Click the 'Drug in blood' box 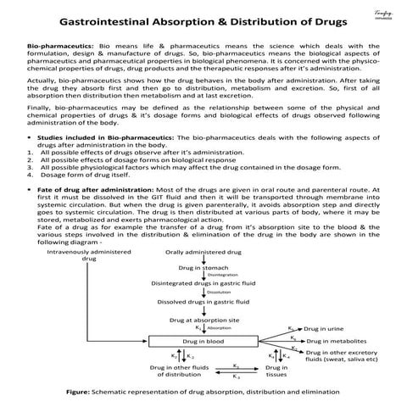[203, 341]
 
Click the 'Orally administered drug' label [203, 253]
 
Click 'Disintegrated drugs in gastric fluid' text [203, 283]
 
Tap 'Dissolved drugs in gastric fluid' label [203, 302]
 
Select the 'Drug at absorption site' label [203, 320]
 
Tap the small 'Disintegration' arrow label [223, 276]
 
